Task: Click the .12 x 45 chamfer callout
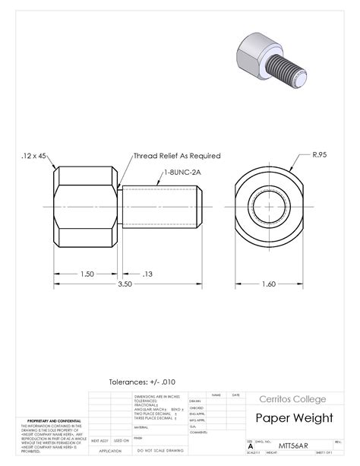pos(34,156)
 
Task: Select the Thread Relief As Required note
pos(177,156)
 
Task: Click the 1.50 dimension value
pos(87,273)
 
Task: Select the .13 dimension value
pos(147,273)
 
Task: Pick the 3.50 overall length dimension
pos(125,284)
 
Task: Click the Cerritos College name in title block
pos(292,399)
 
